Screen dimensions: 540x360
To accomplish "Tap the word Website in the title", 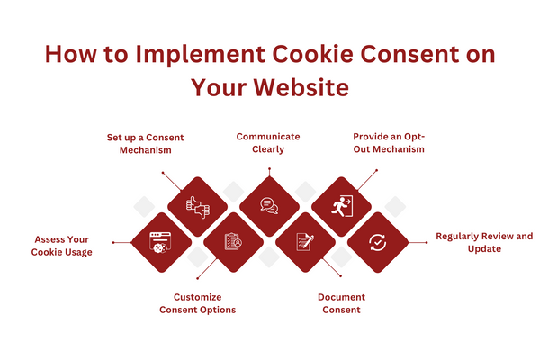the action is click(304, 89).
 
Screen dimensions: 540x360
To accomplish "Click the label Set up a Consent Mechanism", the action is click(146, 143).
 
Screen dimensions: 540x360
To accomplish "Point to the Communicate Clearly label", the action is click(268, 143).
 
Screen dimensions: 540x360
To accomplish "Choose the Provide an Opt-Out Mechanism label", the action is click(388, 143).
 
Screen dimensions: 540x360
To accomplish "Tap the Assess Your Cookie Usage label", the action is click(64, 246).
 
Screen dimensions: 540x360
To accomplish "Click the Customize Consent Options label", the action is click(198, 303).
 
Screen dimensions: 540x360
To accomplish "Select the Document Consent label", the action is click(341, 303).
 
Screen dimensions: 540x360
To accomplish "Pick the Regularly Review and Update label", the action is click(484, 242).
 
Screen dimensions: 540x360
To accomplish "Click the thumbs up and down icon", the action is click(196, 205).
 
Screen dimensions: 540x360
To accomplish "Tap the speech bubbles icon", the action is click(268, 205).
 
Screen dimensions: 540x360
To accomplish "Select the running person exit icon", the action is click(341, 205).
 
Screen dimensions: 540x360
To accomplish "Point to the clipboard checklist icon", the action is click(233, 242).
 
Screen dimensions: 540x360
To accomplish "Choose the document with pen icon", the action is click(304, 242).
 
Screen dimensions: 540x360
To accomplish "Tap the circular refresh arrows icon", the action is click(377, 242).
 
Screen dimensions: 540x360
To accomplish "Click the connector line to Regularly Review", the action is click(418, 241).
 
